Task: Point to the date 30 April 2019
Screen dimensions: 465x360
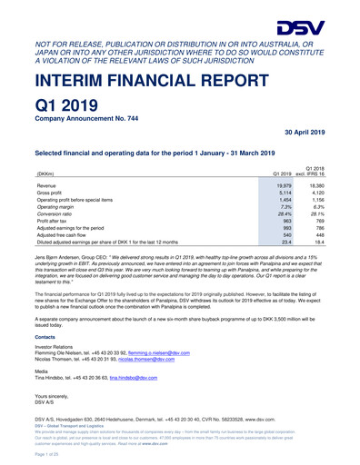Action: pyautogui.click(x=325, y=157)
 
